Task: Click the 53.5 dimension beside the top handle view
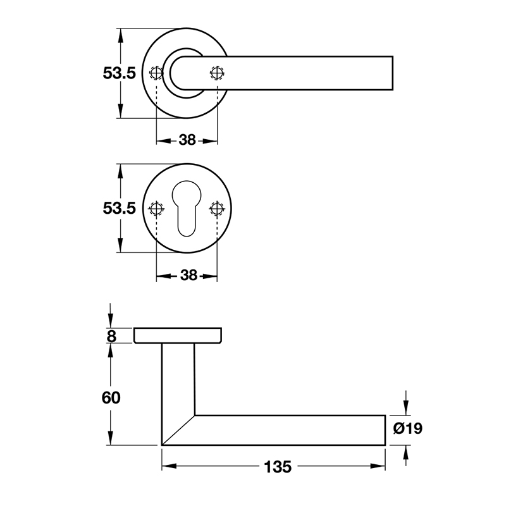click(120, 73)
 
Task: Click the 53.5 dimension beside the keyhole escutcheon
click(120, 208)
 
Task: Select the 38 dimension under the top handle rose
click(187, 140)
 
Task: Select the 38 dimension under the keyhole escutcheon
click(187, 275)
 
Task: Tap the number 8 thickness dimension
click(111, 336)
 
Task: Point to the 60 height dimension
click(111, 398)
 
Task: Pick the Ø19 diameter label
click(407, 429)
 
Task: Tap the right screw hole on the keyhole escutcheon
click(218, 209)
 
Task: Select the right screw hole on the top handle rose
click(218, 73)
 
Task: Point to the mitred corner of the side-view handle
click(178, 430)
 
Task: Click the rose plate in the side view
click(178, 336)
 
